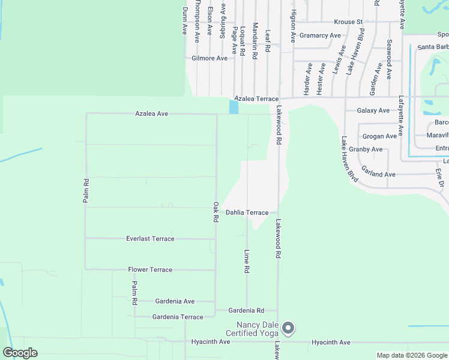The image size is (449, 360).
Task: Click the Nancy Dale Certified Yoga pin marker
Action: click(288, 328)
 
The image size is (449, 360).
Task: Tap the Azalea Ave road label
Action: click(151, 113)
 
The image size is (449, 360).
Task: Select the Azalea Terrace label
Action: click(256, 98)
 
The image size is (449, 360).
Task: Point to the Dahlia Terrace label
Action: click(247, 212)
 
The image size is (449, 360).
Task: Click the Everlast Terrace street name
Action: click(150, 239)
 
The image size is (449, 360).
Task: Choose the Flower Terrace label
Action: click(150, 270)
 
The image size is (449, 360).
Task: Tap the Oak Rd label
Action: click(216, 212)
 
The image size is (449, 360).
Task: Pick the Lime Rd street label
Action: click(247, 262)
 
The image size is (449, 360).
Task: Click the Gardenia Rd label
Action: click(247, 311)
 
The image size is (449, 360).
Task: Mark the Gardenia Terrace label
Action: click(178, 317)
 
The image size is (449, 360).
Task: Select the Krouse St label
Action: click(348, 22)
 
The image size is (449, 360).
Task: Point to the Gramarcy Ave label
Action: click(320, 35)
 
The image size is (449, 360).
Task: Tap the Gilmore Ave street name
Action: click(209, 58)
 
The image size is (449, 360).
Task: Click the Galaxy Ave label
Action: click(373, 110)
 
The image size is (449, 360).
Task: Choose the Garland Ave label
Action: click(378, 175)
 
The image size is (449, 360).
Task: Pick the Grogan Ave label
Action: click(381, 136)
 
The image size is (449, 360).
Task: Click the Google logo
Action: click(20, 353)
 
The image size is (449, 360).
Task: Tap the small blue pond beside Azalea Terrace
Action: click(234, 107)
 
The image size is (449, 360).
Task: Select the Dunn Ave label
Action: click(185, 20)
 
